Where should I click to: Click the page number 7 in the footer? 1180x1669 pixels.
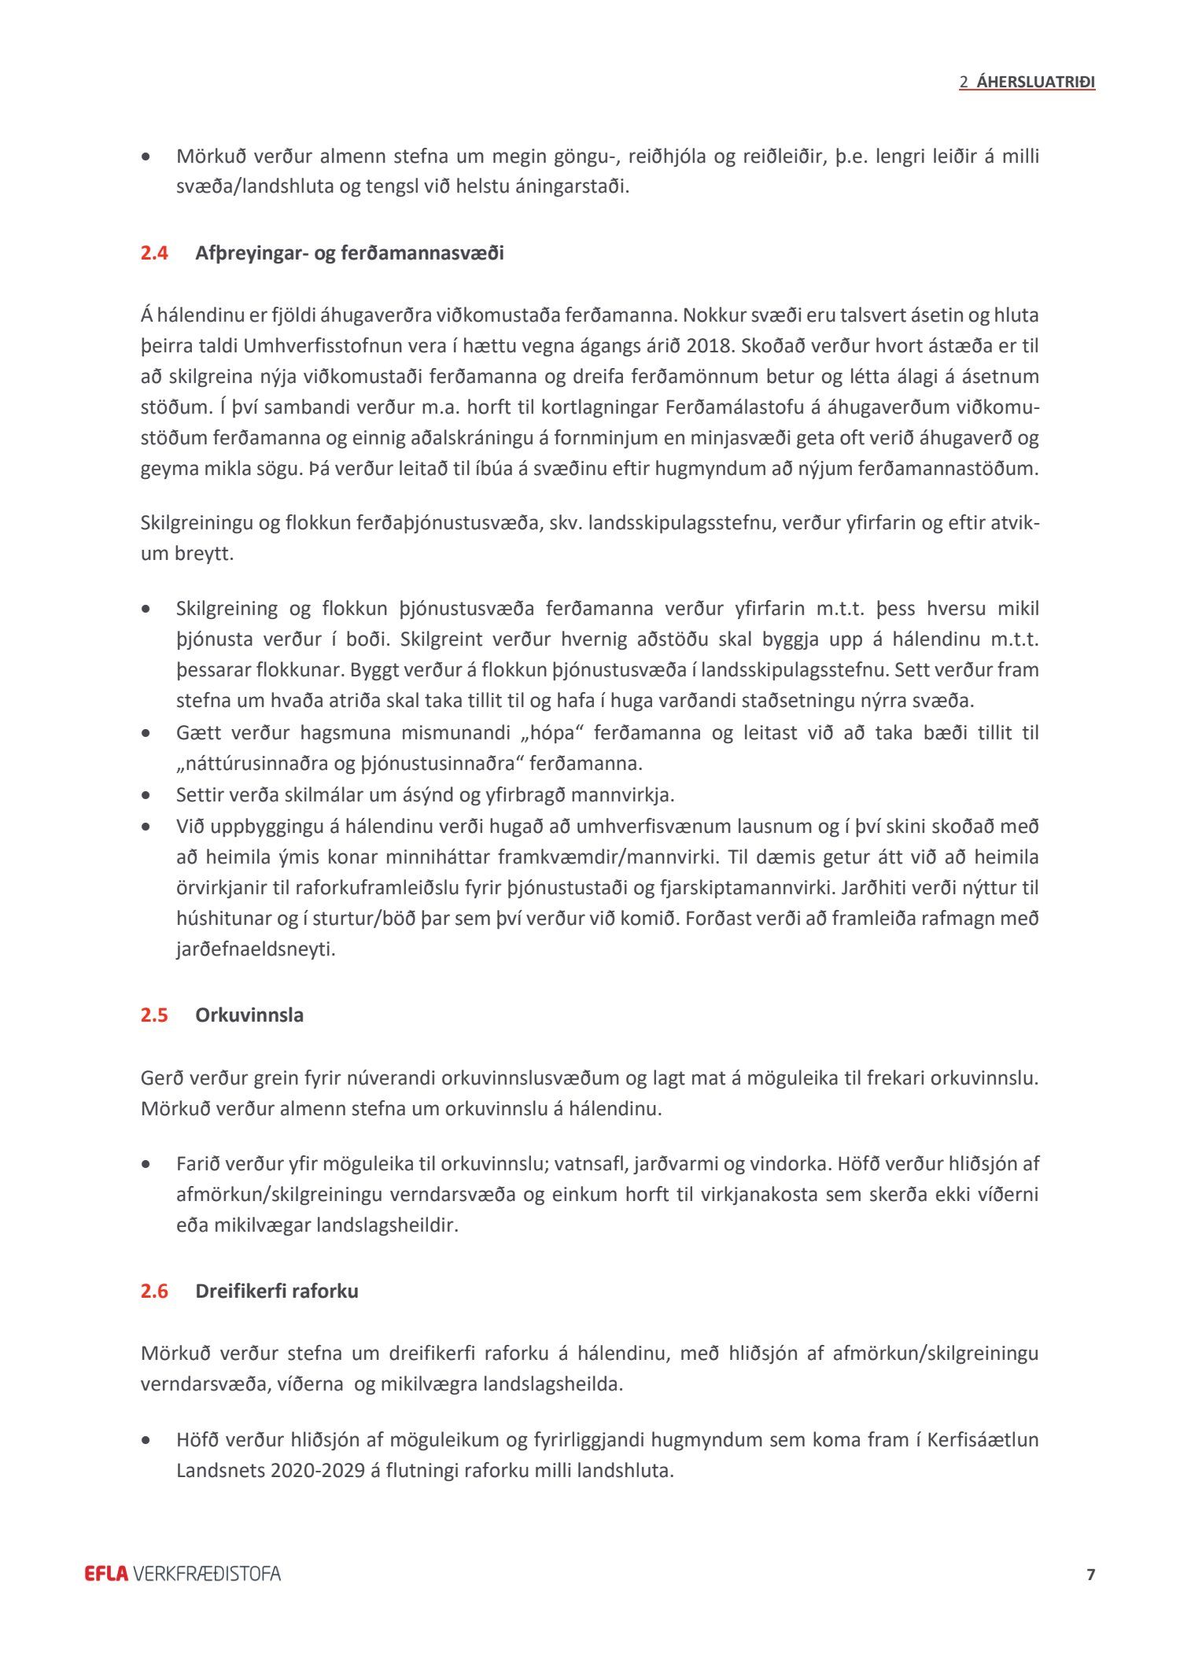[1090, 1574]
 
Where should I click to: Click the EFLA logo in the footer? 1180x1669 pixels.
[106, 1574]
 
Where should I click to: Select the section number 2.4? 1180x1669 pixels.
[154, 253]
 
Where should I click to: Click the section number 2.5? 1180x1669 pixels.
[154, 1015]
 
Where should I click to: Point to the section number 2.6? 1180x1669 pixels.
[154, 1291]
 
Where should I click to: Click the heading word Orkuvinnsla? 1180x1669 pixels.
[249, 1015]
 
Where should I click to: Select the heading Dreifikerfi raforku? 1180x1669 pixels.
[277, 1291]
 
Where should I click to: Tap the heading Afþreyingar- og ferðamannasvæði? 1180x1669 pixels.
[349, 253]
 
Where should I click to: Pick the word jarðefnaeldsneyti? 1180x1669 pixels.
[256, 949]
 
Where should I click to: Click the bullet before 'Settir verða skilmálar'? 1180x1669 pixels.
[146, 796]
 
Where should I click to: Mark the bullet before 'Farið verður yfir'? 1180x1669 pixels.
[146, 1164]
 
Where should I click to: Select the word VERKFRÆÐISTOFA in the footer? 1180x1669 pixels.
[207, 1574]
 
